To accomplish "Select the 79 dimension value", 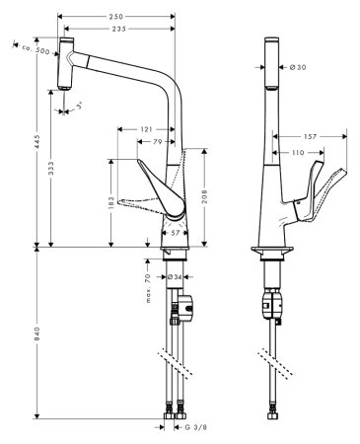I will [x=158, y=144].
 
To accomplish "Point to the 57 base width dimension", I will [x=175, y=234].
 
